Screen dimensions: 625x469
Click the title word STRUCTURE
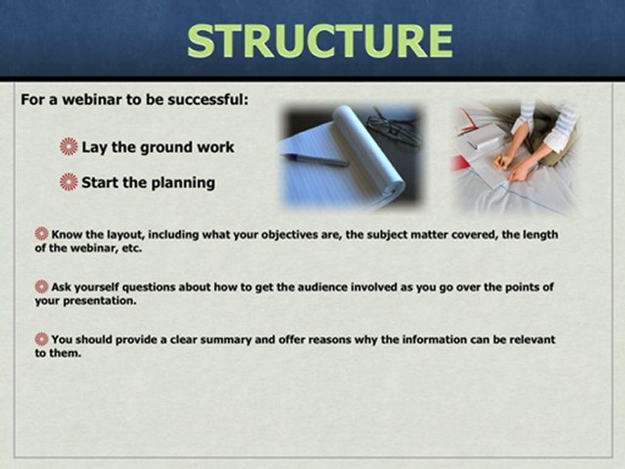click(320, 40)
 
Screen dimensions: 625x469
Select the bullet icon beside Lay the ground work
click(68, 147)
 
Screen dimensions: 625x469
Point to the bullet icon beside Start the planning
click(68, 182)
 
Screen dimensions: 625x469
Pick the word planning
click(183, 184)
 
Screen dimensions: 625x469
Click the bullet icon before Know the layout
click(42, 234)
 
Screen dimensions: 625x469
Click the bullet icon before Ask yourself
click(42, 287)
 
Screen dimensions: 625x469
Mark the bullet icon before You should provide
click(42, 339)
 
